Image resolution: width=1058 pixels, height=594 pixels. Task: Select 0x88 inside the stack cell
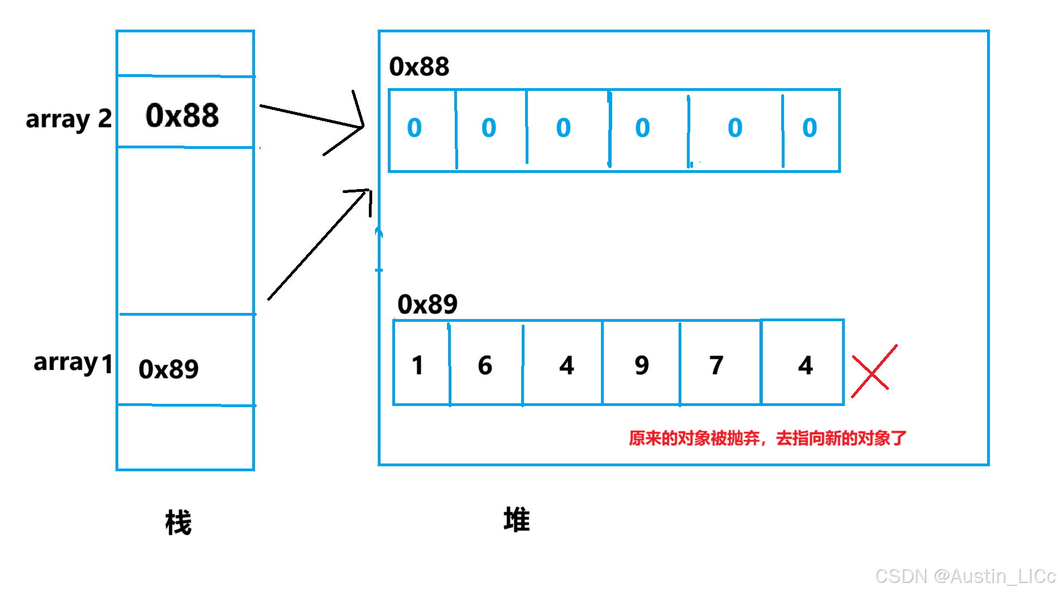(x=182, y=115)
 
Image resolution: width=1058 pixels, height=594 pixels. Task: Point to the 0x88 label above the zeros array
(x=419, y=67)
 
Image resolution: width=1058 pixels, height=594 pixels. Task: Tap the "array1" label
(x=73, y=363)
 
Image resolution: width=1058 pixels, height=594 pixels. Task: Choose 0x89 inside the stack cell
(x=169, y=369)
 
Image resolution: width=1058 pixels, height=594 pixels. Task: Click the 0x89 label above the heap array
(x=427, y=305)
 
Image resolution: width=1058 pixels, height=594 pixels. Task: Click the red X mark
(x=873, y=371)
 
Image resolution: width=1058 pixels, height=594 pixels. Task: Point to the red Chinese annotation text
(x=767, y=438)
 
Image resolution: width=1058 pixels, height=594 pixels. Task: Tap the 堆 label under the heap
(x=517, y=520)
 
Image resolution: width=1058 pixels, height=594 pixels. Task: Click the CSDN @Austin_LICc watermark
(x=965, y=576)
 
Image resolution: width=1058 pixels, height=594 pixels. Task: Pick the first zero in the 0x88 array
(x=415, y=128)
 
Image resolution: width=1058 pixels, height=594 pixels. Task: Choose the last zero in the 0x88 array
(x=810, y=128)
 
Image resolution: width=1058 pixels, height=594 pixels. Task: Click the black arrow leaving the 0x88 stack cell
(x=312, y=117)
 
